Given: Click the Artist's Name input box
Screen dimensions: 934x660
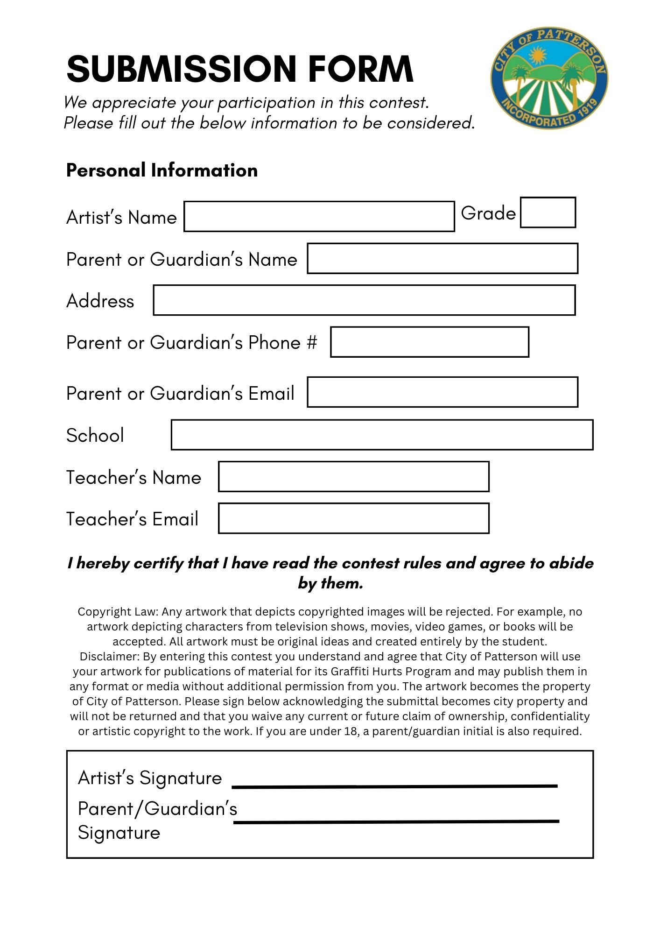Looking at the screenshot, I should coord(319,216).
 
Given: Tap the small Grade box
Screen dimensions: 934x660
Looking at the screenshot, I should coord(548,212).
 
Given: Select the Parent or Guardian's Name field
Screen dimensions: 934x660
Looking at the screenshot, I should coord(442,258).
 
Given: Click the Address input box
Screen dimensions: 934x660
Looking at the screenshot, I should coord(364,300).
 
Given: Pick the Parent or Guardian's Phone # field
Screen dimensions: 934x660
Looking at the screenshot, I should coord(429,342).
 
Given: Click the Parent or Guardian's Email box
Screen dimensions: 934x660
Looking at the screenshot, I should coord(442,392).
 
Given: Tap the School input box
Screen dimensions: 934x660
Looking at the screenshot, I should coord(382,435).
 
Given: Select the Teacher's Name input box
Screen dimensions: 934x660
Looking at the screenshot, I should coord(353,477).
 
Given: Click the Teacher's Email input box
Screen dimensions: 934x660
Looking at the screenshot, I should coord(353,518).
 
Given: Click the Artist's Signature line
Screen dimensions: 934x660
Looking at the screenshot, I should coord(394,786).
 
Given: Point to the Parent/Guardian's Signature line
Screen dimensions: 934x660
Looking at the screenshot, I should coord(396,821).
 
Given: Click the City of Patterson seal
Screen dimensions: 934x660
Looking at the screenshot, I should coord(549,78).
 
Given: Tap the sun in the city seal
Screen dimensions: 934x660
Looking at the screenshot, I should coord(538,56).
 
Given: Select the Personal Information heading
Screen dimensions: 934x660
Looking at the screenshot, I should coord(161,170).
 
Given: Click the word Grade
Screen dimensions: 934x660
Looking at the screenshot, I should coord(488,213).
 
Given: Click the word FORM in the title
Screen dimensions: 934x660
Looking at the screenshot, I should coord(360,69).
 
